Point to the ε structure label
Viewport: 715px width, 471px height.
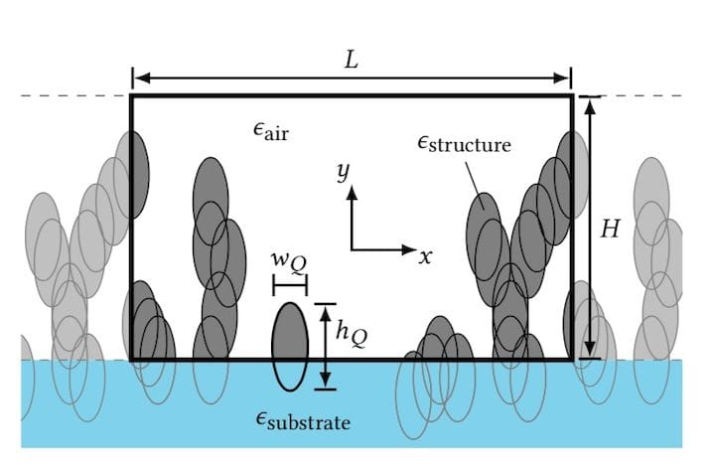(x=464, y=144)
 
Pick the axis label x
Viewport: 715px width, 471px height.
(x=425, y=256)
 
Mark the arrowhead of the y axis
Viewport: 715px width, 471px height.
(x=352, y=194)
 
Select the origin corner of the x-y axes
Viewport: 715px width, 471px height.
(x=352, y=247)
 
